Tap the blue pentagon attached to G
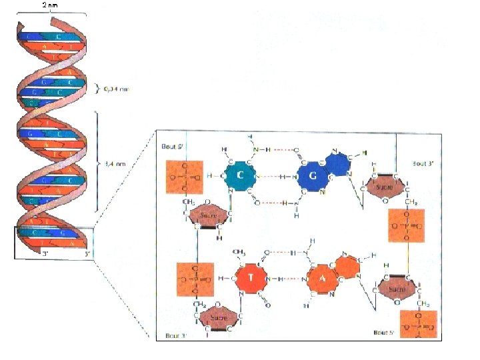pyautogui.click(x=337, y=163)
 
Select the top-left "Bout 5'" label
pyautogui.click(x=170, y=147)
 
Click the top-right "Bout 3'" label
pyautogui.click(x=423, y=163)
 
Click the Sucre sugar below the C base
pyautogui.click(x=208, y=217)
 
